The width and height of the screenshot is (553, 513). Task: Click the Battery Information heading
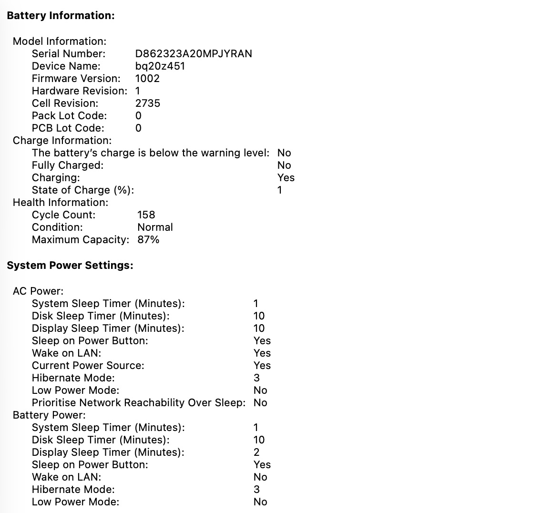pos(61,16)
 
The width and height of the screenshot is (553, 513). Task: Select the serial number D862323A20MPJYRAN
pos(194,54)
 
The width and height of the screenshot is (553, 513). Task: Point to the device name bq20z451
pos(160,66)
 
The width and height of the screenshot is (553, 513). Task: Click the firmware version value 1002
pos(147,79)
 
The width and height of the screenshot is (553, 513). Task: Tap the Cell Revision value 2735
pos(148,103)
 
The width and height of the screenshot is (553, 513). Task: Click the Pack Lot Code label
pos(69,116)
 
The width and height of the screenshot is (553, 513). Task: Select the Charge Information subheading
pos(62,141)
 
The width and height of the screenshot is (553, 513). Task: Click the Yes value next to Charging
pos(286,178)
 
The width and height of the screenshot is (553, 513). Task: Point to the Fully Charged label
pos(67,165)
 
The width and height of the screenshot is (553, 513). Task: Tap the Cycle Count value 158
pos(146,215)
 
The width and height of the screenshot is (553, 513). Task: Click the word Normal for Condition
pos(155,227)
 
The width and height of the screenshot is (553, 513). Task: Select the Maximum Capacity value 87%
pos(148,240)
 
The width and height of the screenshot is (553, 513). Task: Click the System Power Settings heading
pos(70,266)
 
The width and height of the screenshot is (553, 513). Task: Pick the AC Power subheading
pos(38,291)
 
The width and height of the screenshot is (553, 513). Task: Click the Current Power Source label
pos(88,366)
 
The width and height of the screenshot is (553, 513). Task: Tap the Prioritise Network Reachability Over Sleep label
pos(138,403)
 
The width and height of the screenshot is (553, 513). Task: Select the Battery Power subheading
pos(49,415)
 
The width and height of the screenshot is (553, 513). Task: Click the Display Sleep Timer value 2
pos(256,452)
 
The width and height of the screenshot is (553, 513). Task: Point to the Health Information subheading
pos(61,203)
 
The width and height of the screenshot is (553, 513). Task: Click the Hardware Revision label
pos(79,91)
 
